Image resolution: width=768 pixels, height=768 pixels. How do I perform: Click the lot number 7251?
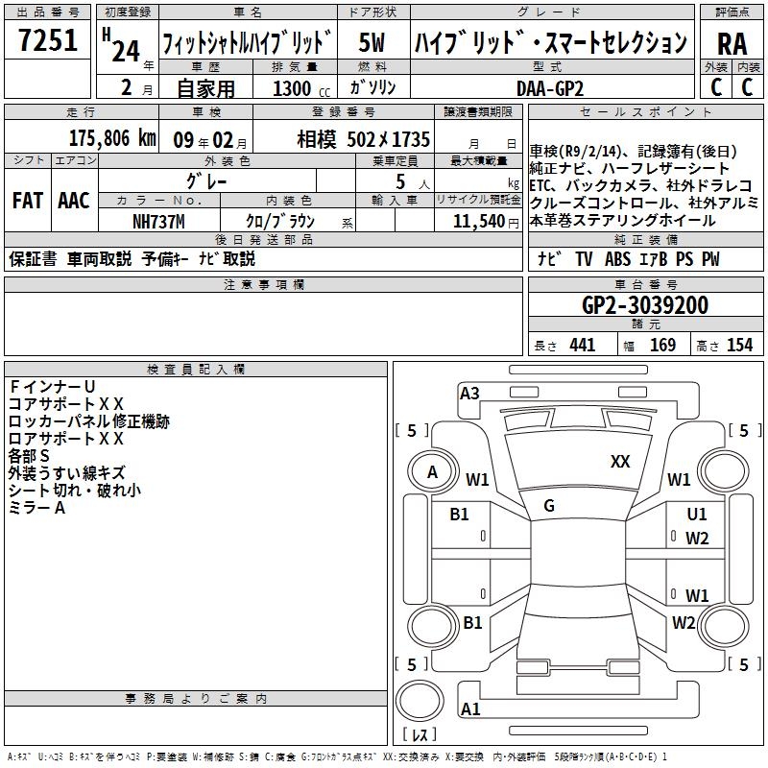point(48,43)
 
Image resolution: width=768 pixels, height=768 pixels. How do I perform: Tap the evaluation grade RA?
point(732,43)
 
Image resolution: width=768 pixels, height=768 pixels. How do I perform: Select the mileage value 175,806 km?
point(112,138)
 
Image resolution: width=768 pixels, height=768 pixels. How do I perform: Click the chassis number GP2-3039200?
point(645,306)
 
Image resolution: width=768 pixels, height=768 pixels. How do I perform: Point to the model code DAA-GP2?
point(549,88)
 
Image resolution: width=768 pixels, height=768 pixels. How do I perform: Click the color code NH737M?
point(158,221)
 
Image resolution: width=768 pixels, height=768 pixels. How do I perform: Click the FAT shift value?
point(27,201)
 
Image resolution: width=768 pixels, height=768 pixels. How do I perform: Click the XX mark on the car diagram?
point(620,462)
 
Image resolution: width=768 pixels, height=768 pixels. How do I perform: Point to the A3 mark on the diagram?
point(469,393)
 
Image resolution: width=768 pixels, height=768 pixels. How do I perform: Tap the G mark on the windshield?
point(548,506)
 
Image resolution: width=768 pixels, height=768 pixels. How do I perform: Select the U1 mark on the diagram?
point(697,515)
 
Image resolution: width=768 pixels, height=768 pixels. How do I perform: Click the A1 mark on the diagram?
point(469,709)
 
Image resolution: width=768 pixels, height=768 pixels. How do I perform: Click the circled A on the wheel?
point(433,471)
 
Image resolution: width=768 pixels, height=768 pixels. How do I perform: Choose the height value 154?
point(739,346)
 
